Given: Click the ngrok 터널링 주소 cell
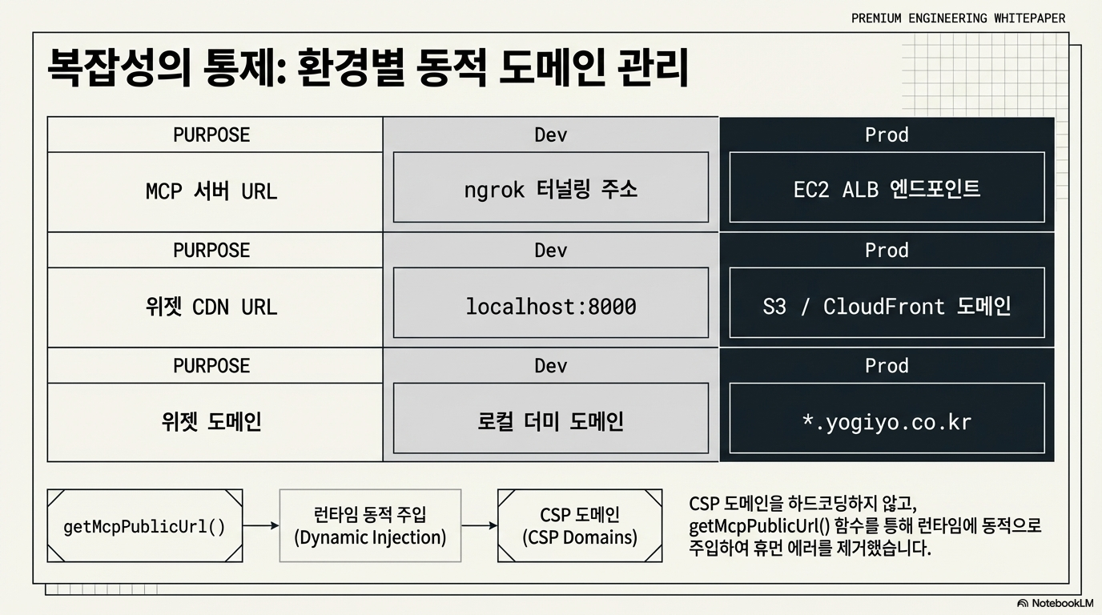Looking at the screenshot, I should [551, 189].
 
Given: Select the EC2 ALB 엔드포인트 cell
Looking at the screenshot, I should [887, 189].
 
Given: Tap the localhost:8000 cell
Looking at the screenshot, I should [551, 305].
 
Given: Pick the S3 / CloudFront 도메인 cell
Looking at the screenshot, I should [887, 305].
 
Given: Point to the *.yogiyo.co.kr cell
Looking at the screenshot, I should [887, 421].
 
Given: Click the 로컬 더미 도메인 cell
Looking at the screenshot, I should [551, 421].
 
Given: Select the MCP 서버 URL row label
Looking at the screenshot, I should [211, 191].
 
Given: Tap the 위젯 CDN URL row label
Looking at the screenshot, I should [211, 307].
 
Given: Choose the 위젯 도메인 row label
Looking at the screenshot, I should [211, 422].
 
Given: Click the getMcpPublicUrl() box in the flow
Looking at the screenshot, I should [145, 526].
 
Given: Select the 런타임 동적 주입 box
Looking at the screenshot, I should [370, 526].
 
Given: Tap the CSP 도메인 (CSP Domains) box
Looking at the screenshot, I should [580, 526].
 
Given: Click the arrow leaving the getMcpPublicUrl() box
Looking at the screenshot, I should [261, 526].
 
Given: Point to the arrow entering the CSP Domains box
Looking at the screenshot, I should [480, 526].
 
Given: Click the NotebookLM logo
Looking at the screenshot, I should [1055, 603].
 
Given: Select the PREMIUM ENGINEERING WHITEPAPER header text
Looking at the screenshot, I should [958, 18].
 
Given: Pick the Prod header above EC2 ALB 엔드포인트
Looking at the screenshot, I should [887, 135].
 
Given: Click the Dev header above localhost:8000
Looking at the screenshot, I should [551, 250].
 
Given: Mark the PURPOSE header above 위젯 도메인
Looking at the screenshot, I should [211, 365].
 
